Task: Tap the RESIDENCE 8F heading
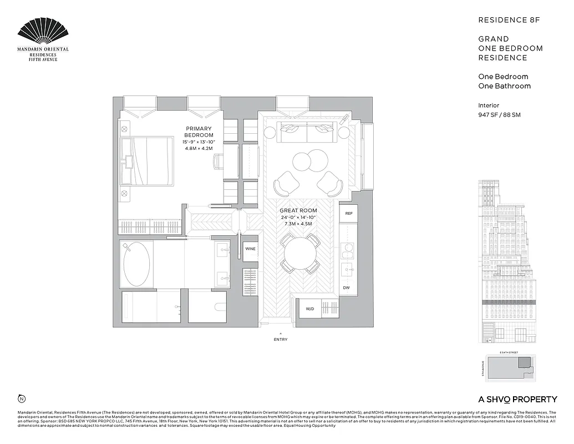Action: tap(509, 20)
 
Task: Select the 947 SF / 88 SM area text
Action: tap(499, 115)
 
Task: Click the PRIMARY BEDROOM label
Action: tap(199, 132)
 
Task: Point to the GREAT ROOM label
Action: tap(298, 210)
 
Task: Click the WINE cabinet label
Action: tap(251, 249)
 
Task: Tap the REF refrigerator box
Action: tap(349, 213)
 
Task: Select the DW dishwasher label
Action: tap(346, 287)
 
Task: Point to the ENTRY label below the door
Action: tap(281, 339)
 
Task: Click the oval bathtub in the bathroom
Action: tap(136, 264)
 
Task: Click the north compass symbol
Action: tap(22, 398)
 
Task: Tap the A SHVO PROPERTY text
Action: tap(517, 399)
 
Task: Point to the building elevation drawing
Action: tap(507, 261)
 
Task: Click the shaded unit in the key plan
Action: tap(525, 363)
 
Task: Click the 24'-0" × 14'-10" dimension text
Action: tap(298, 218)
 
